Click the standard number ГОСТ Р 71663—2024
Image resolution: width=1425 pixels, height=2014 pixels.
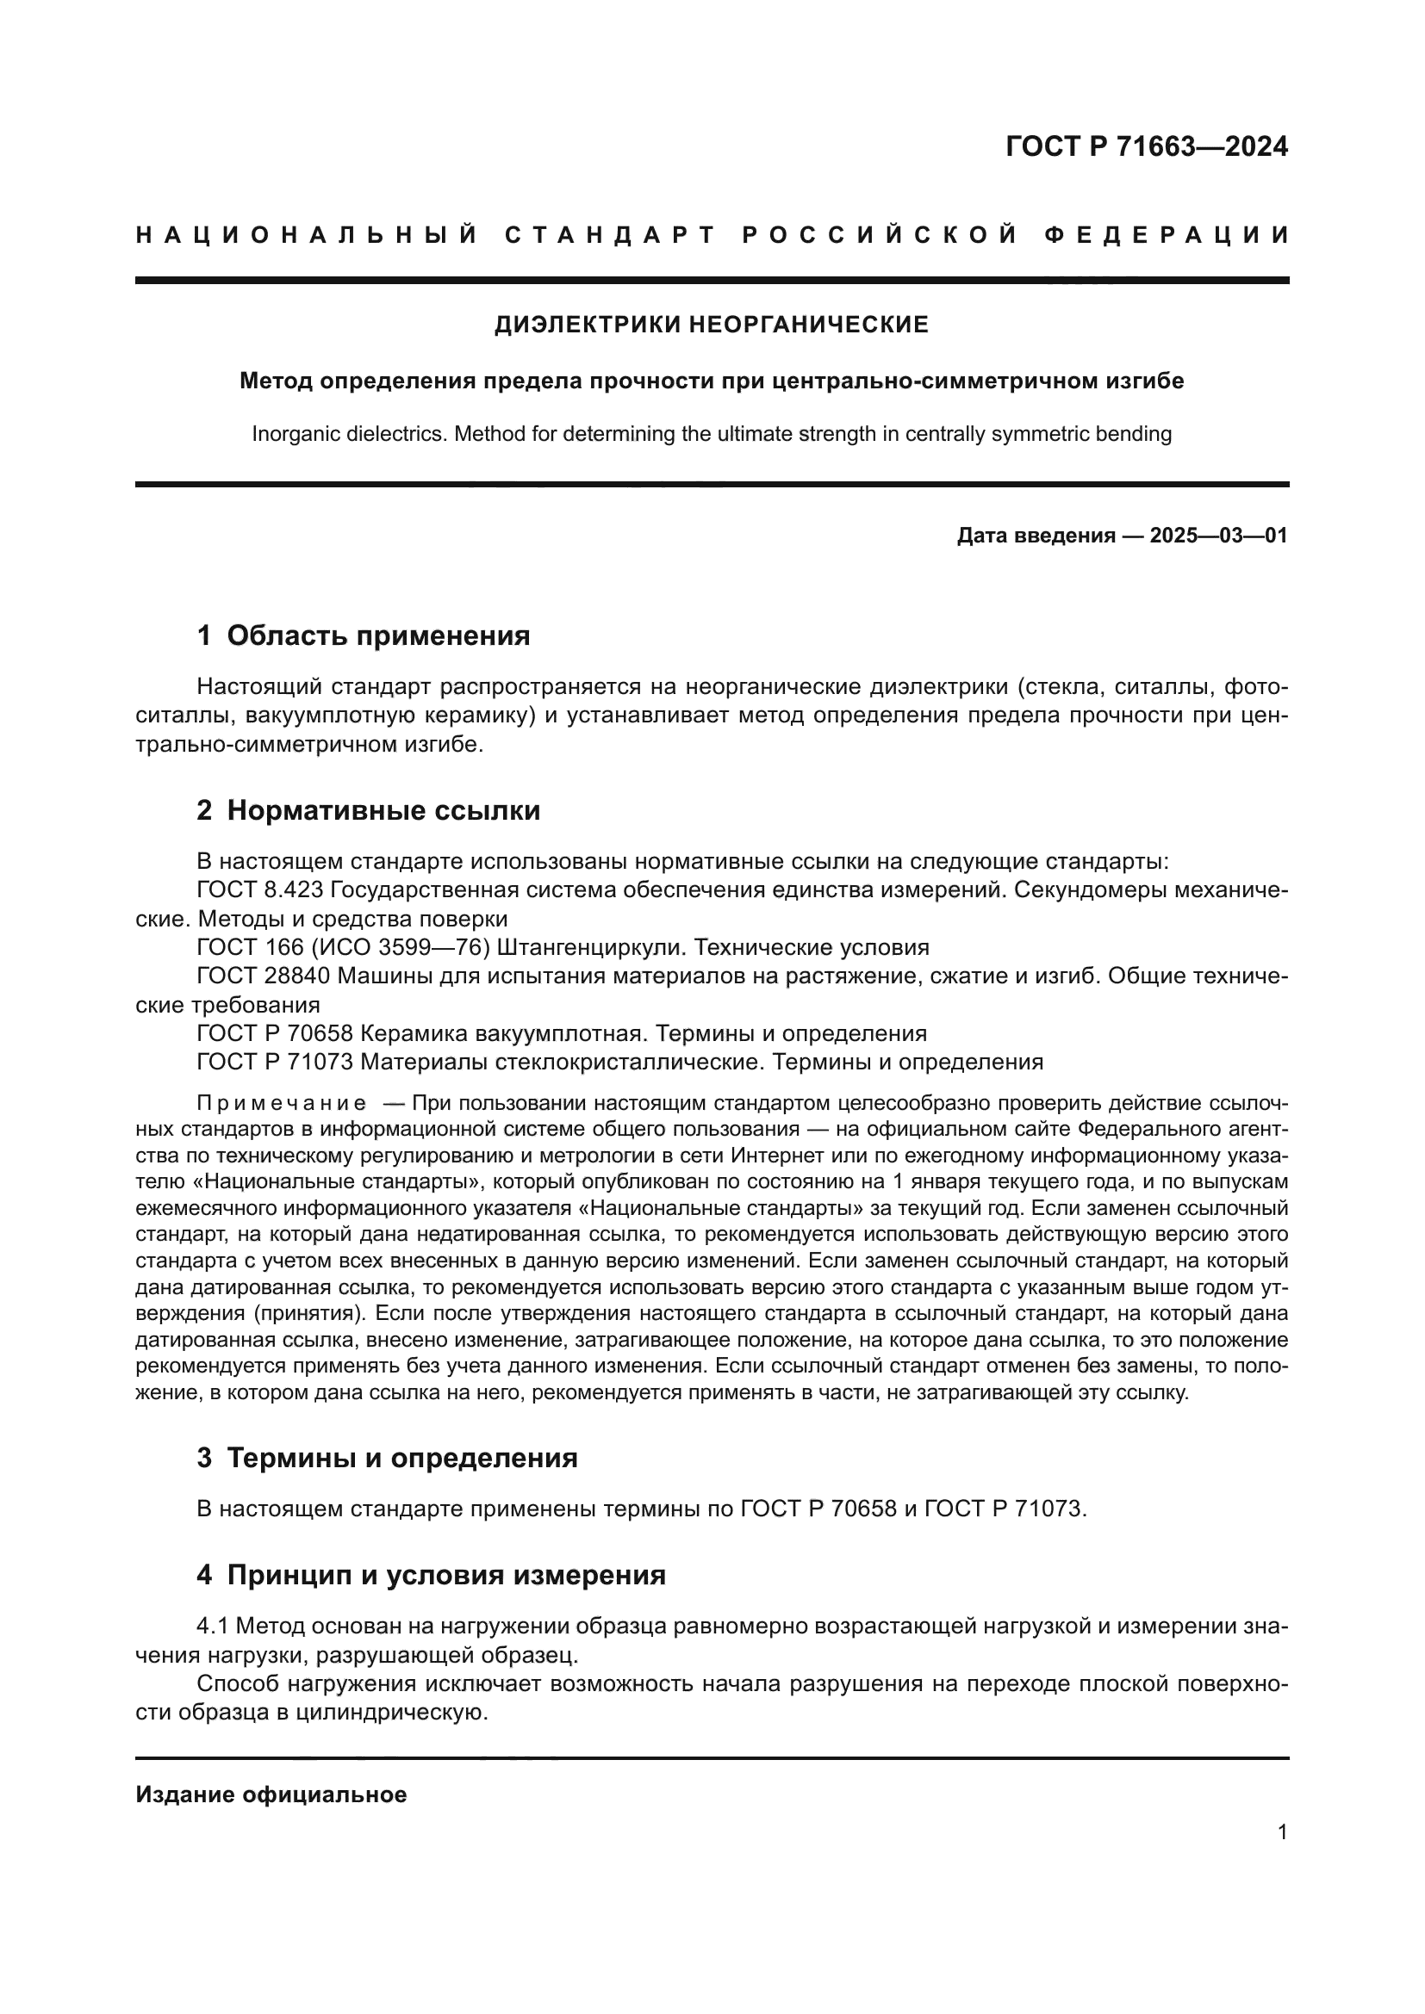(1146, 146)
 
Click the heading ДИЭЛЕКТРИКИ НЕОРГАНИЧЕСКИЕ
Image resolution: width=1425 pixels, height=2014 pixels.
(712, 325)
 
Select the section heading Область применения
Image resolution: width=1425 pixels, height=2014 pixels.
(378, 635)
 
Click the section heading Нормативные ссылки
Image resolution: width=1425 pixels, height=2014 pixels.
(383, 810)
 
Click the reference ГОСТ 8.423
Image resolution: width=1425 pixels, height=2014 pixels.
(259, 890)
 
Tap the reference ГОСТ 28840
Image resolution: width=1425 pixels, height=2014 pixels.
(264, 976)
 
